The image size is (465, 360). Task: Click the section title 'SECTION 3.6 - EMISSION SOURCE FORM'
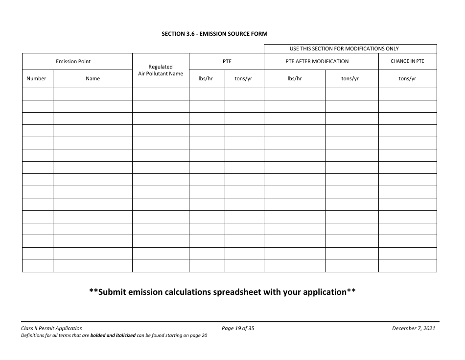click(214, 34)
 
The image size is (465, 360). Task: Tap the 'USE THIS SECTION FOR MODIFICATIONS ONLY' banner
click(344, 48)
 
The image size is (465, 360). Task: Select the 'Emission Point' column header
click(73, 61)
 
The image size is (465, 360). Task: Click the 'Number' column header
click(36, 78)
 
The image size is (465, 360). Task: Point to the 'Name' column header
click(93, 78)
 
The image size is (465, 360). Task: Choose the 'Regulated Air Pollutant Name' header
click(161, 70)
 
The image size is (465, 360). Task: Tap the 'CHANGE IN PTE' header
click(407, 61)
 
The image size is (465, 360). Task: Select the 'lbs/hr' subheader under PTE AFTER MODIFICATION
click(294, 78)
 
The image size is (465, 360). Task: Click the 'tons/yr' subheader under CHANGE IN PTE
click(407, 78)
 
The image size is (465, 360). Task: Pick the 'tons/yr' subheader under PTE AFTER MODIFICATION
click(350, 78)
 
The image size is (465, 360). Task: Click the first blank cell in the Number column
click(37, 94)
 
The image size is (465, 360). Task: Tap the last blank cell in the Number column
click(37, 265)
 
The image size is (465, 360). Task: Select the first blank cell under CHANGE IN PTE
click(407, 94)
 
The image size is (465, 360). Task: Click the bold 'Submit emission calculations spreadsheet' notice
click(222, 292)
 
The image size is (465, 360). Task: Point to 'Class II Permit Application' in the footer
click(52, 328)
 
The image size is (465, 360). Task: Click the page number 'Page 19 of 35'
click(238, 328)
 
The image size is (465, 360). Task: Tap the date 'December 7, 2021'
click(414, 328)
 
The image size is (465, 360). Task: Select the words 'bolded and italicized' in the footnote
click(113, 336)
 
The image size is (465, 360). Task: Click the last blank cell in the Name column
click(93, 265)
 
